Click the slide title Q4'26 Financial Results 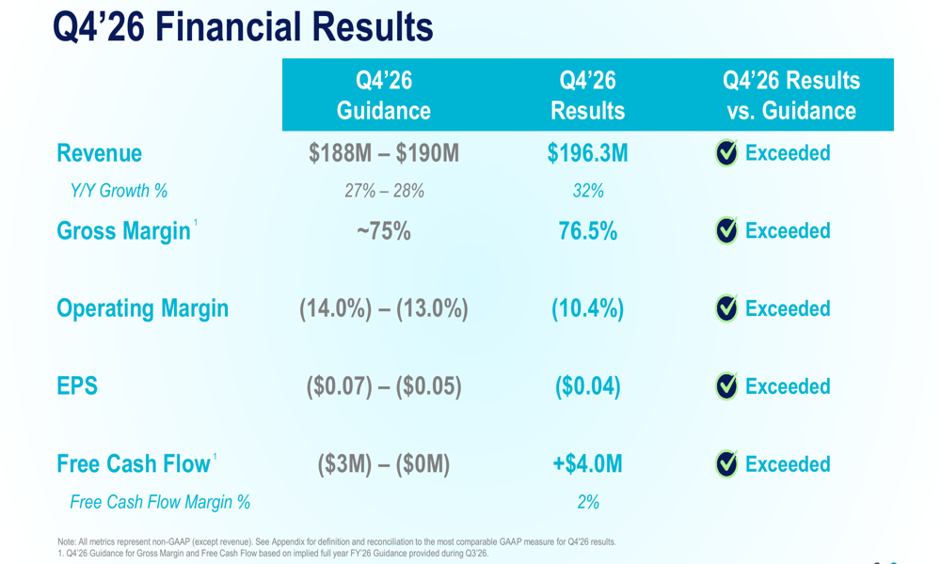point(243,26)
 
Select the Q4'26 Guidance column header point(384,95)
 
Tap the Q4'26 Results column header point(588,95)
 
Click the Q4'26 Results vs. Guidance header point(791,95)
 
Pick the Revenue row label point(99,153)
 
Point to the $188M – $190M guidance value point(384,153)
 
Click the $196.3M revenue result point(588,153)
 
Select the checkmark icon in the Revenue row point(726,153)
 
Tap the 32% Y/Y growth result point(588,191)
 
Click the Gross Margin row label point(123,231)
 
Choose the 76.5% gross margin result point(588,231)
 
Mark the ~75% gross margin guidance point(384,231)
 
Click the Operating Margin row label point(142,308)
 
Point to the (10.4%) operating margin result point(588,308)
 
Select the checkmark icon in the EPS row point(726,386)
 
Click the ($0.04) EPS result point(588,386)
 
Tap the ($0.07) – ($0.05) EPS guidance point(384,386)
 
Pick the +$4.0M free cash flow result point(588,464)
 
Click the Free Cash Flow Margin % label point(160,503)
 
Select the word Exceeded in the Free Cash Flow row point(788,464)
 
